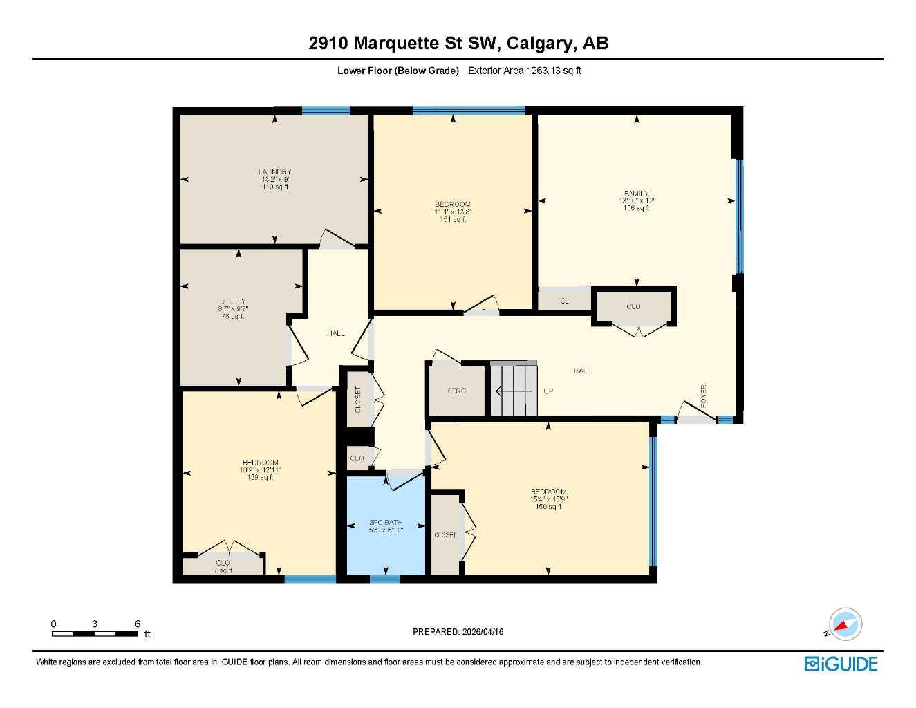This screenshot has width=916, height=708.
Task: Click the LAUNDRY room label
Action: [274, 172]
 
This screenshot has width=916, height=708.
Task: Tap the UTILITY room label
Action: [233, 301]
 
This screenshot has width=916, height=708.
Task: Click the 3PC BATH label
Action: [385, 523]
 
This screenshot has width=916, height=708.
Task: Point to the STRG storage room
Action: [456, 391]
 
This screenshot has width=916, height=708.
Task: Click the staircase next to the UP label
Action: [513, 391]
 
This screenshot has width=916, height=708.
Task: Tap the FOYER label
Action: [704, 395]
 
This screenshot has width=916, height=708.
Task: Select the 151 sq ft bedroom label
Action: [453, 204]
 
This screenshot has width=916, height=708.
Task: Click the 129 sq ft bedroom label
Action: [260, 463]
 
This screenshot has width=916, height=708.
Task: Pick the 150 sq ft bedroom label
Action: [548, 492]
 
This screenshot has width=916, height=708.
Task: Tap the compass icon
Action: [845, 624]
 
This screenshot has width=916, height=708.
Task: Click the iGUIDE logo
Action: [841, 664]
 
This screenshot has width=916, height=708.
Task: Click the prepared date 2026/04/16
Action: [458, 631]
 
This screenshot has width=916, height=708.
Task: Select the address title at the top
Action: [458, 43]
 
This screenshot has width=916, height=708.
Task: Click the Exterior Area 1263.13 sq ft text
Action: [524, 71]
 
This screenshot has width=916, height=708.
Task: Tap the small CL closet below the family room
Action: [564, 301]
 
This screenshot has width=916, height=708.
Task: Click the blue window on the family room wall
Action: [739, 217]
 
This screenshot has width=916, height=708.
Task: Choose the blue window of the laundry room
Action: [326, 111]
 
